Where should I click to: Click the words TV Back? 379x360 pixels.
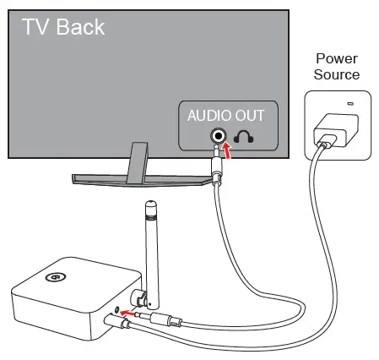click(x=63, y=27)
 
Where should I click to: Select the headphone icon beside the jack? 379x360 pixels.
click(x=245, y=136)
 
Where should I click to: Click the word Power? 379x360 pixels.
click(x=337, y=58)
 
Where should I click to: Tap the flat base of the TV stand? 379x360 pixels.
click(x=135, y=178)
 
